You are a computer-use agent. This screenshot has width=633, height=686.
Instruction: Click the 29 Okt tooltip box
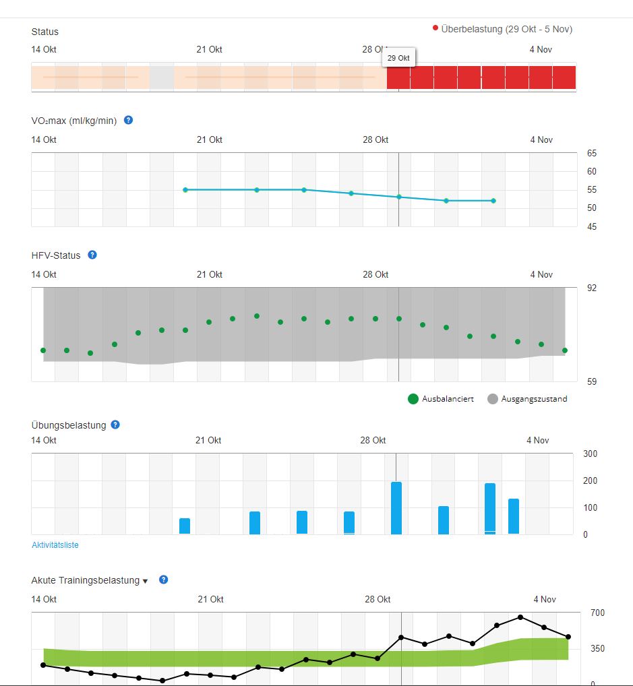click(x=398, y=58)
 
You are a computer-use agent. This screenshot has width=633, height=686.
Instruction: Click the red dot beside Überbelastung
click(x=435, y=28)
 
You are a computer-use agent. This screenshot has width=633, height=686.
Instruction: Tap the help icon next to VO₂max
click(x=128, y=120)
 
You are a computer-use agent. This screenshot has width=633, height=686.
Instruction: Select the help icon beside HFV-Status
click(x=92, y=255)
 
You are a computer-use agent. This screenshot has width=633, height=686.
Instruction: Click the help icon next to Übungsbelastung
click(x=115, y=425)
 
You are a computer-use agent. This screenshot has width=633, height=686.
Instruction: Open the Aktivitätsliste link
click(x=55, y=544)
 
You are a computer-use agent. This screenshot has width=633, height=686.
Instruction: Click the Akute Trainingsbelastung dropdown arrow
click(x=145, y=581)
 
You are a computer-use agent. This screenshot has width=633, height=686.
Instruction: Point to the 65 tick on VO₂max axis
click(x=592, y=153)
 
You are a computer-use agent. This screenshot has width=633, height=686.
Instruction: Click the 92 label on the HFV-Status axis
click(x=592, y=288)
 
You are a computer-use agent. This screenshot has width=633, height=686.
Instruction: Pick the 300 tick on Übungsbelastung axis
click(x=590, y=454)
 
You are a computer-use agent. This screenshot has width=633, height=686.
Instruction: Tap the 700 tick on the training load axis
click(x=597, y=613)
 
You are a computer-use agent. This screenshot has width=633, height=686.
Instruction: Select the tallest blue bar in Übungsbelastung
click(x=396, y=507)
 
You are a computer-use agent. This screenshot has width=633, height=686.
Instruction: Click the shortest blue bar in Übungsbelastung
click(x=185, y=526)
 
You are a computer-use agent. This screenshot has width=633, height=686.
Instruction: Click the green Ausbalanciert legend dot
click(x=413, y=399)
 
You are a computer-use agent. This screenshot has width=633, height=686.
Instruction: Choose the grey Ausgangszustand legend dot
click(x=492, y=399)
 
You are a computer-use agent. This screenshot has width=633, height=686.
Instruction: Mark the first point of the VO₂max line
click(x=185, y=190)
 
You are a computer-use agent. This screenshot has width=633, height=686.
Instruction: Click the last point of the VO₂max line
click(x=493, y=201)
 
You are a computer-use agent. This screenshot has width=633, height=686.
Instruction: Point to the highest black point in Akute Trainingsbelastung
click(x=520, y=617)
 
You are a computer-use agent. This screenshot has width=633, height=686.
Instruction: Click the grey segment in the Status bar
click(x=162, y=77)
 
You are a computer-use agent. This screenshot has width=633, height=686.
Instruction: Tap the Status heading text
click(x=45, y=32)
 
